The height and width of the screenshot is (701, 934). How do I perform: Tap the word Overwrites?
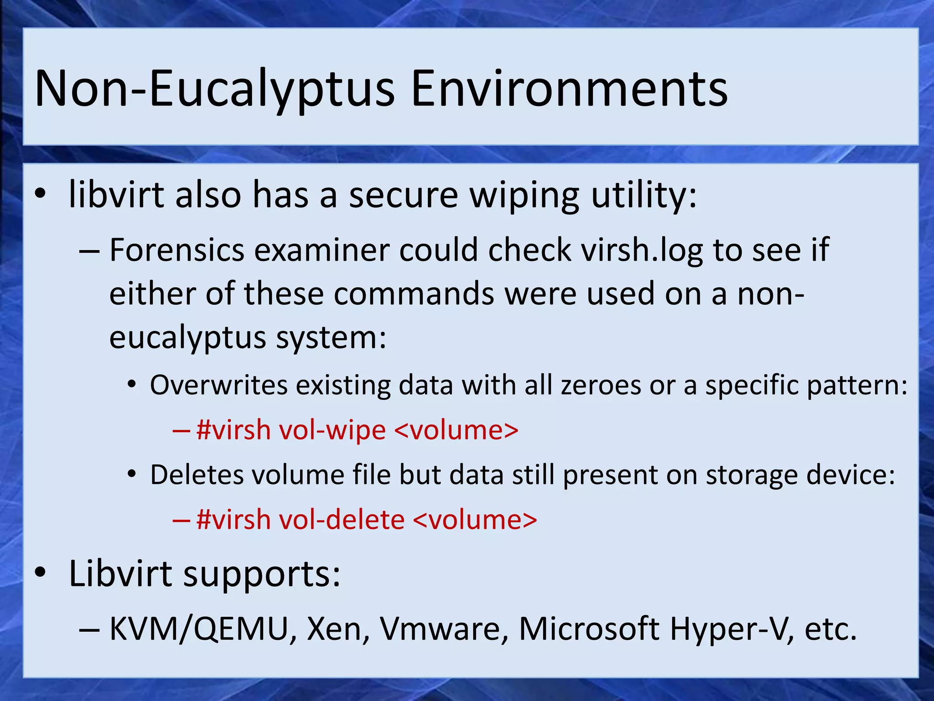pyautogui.click(x=219, y=385)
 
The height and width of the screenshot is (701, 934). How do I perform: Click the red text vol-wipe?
pyautogui.click(x=332, y=430)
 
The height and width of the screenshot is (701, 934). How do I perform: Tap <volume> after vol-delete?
pyautogui.click(x=475, y=520)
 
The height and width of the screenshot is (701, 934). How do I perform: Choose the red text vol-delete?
pyautogui.click(x=342, y=520)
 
